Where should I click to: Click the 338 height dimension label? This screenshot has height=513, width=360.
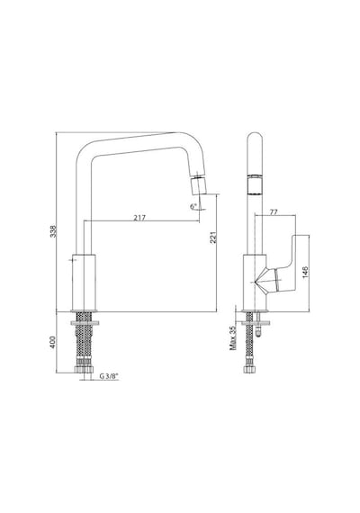click(53, 231)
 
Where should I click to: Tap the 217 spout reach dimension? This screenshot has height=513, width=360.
click(139, 218)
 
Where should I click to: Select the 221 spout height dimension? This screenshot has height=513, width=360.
click(213, 238)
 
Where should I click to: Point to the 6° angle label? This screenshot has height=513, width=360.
click(193, 206)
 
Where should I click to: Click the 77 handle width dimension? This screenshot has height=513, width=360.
click(274, 212)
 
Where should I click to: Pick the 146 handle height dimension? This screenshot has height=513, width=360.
click(305, 272)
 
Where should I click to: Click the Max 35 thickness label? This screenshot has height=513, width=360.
click(233, 338)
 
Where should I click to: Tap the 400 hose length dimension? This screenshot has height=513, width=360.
click(53, 342)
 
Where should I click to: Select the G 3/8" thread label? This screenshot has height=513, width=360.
click(109, 376)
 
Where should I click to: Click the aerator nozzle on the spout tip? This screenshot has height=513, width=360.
click(197, 185)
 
